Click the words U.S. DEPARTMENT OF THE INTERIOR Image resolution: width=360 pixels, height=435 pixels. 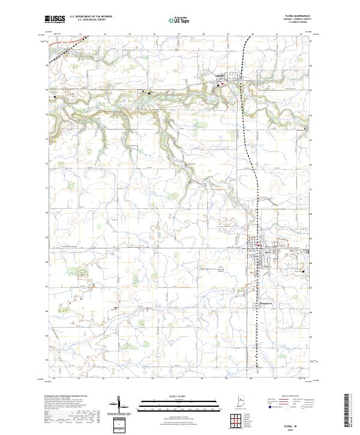90,17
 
